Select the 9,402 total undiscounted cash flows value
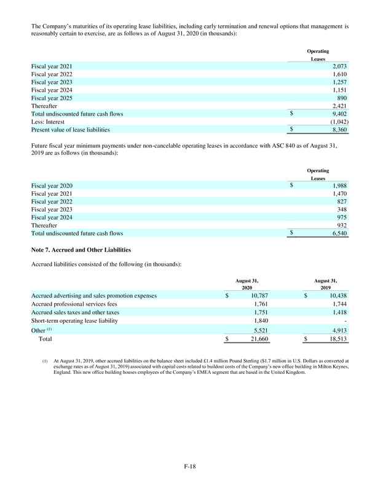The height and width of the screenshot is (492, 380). (341, 113)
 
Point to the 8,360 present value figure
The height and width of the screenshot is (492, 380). (341, 130)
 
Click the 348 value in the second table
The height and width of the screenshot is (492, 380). (344, 209)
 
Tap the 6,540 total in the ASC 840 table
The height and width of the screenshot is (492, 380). (341, 234)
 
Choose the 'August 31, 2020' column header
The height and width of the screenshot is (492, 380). (247, 284)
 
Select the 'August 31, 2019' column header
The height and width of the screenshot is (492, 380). (325, 284)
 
